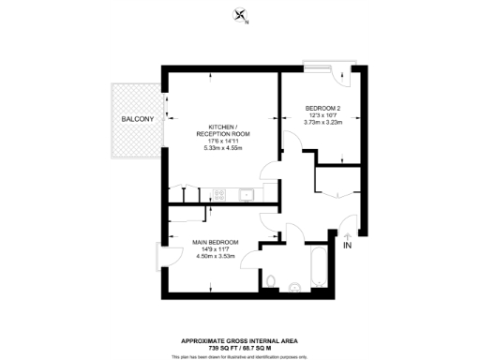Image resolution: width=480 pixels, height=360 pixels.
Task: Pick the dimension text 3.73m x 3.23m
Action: [x=323, y=122]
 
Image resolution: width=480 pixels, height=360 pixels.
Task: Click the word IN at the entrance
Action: [x=347, y=246]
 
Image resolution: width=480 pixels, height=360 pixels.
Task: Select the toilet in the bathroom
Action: [x=270, y=280]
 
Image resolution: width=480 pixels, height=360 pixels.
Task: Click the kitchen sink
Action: [x=247, y=195]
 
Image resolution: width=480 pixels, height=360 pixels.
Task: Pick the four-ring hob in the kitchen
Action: [x=219, y=195]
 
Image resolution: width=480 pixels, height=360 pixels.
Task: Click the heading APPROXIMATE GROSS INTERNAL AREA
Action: [x=241, y=339]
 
